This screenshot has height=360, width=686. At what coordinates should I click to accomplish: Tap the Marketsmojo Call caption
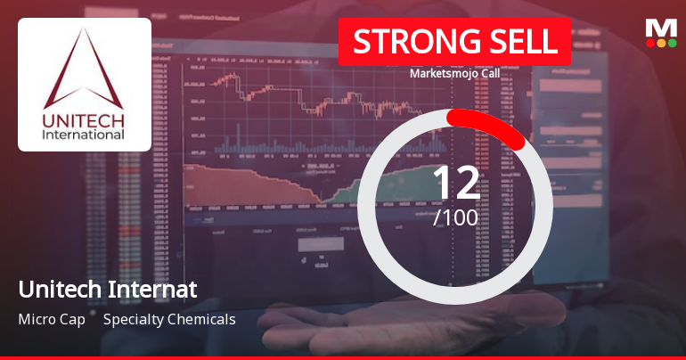tap(453, 74)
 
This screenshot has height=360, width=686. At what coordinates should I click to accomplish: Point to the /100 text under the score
tap(455, 217)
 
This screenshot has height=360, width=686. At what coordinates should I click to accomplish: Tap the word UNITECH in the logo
tap(85, 119)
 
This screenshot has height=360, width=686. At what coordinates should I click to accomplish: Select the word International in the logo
tap(85, 135)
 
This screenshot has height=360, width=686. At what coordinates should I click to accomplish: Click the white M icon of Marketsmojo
tap(661, 27)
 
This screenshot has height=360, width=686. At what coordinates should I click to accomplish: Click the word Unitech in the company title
tap(54, 290)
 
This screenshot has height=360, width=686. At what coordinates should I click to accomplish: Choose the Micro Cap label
tap(52, 319)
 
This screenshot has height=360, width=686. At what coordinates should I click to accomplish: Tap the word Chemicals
tap(206, 319)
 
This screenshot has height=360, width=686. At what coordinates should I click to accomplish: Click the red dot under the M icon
tap(649, 43)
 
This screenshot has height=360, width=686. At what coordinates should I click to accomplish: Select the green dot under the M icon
tap(672, 43)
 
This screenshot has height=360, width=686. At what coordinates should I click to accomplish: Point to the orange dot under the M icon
tap(661, 43)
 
